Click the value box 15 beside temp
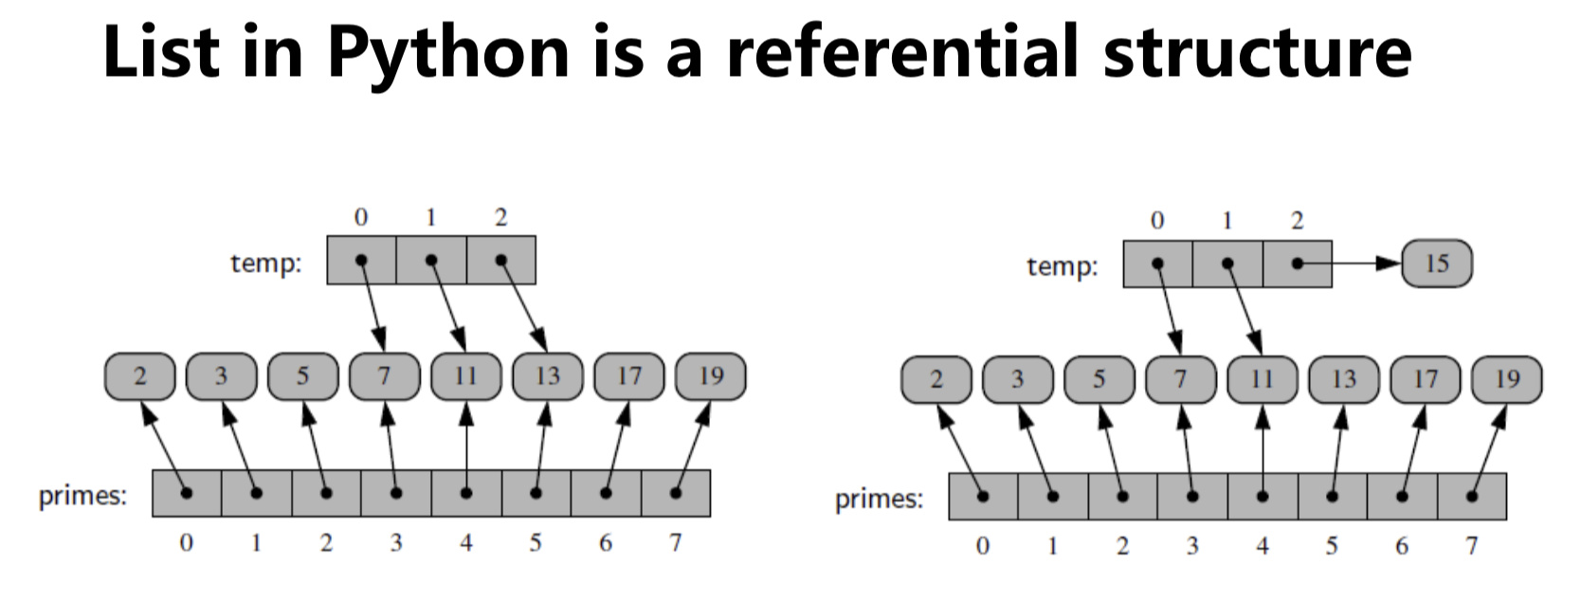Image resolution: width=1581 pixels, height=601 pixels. coord(1437,264)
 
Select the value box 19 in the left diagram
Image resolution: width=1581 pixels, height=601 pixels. coord(711,376)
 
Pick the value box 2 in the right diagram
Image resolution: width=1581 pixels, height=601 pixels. coord(936,380)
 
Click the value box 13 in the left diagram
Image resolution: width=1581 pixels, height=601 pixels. coord(548,376)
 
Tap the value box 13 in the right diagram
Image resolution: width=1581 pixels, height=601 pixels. coord(1344,380)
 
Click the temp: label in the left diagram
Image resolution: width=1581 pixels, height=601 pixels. coord(266,264)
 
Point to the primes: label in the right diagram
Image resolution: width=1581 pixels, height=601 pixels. coord(880,500)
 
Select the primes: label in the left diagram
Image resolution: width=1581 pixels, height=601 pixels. coord(82,496)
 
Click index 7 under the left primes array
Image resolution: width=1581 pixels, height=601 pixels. coord(676,542)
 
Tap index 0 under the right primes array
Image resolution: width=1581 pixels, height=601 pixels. coord(983,546)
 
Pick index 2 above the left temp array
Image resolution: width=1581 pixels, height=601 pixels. coord(501,217)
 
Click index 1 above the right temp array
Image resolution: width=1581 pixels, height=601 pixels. coord(1227,220)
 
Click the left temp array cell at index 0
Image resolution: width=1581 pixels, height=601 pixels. coord(361,260)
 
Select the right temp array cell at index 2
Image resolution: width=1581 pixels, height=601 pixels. coord(1298,264)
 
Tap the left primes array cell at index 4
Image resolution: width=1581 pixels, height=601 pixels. coord(466,493)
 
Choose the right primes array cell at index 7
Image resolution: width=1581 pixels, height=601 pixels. coord(1472,497)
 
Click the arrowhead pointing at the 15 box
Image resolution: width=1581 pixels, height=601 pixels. coord(1389,264)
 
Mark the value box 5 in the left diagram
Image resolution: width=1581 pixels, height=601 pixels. coord(302,376)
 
